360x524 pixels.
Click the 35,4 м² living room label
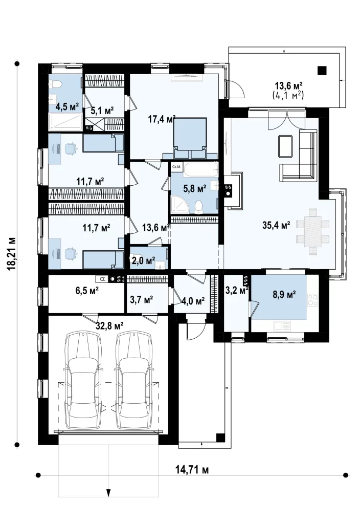click(x=276, y=225)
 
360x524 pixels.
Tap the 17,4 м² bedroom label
click(x=162, y=119)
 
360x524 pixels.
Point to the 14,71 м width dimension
click(x=192, y=470)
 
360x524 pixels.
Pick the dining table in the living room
click(x=312, y=232)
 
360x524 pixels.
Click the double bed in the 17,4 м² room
click(x=190, y=138)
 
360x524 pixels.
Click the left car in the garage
click(x=83, y=380)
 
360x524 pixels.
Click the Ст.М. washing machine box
click(x=176, y=167)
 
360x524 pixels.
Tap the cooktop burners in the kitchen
click(x=312, y=299)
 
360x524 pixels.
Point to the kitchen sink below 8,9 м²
click(x=282, y=325)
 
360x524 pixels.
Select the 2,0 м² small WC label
click(x=143, y=260)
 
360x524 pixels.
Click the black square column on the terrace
click(x=322, y=71)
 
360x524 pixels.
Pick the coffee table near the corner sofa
click(x=285, y=146)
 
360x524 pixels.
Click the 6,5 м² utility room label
click(x=87, y=291)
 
